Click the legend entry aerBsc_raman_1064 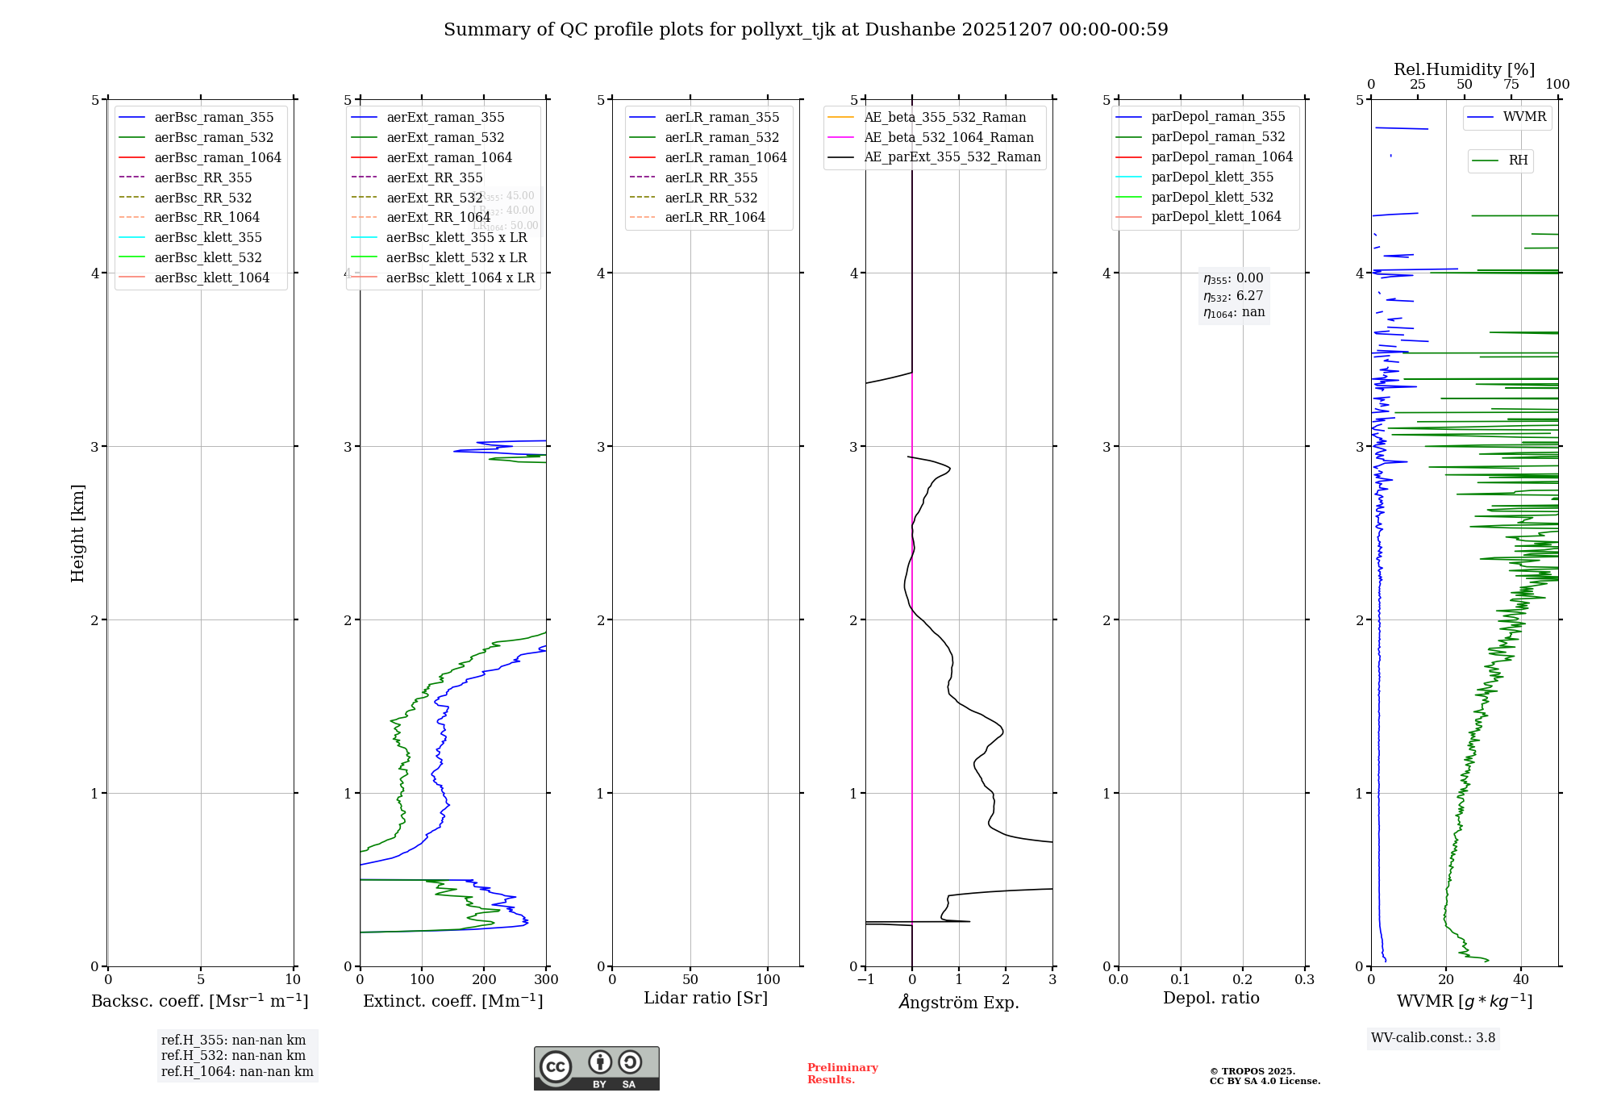click(x=218, y=157)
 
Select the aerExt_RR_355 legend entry click(x=434, y=177)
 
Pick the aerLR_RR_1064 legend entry click(x=715, y=217)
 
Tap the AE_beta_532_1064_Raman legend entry click(x=948, y=137)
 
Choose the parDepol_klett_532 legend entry click(x=1212, y=197)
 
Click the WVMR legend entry click(x=1524, y=117)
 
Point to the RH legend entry click(x=1518, y=161)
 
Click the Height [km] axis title click(x=77, y=533)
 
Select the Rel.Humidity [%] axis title click(x=1464, y=69)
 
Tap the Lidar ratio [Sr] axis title click(x=706, y=998)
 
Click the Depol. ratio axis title click(x=1211, y=998)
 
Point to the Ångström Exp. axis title click(x=959, y=1002)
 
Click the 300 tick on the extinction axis click(x=546, y=980)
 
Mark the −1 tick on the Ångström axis click(x=865, y=980)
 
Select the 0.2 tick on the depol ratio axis click(x=1243, y=980)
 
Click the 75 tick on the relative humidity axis click(x=1511, y=85)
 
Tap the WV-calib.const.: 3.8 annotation click(x=1433, y=1038)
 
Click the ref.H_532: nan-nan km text click(x=233, y=1056)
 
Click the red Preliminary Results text click(x=842, y=1074)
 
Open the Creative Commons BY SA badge click(x=596, y=1069)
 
